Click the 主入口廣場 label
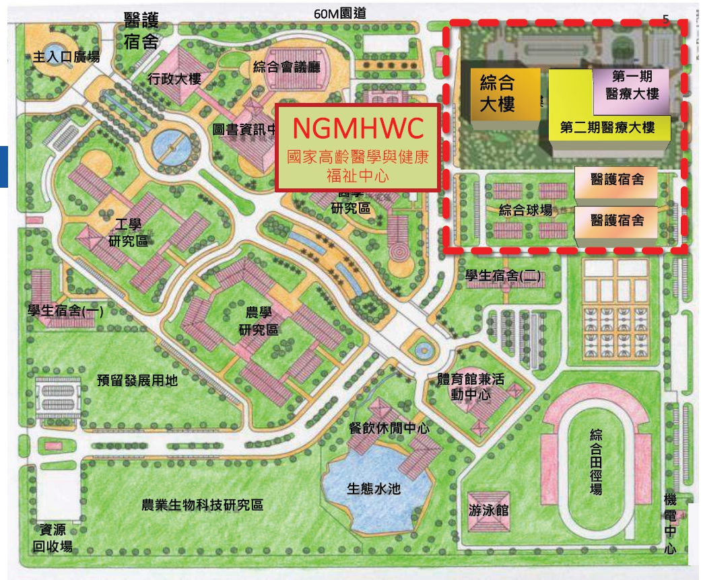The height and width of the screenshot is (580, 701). tap(66, 57)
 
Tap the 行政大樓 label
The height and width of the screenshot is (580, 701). tap(174, 79)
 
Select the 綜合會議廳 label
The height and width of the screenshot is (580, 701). tap(287, 67)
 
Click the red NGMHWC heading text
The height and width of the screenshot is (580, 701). tap(358, 127)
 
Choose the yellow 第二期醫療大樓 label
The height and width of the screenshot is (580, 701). tap(607, 126)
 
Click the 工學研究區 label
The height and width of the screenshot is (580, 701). tap(128, 234)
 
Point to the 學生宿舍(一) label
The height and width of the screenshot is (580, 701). tap(65, 310)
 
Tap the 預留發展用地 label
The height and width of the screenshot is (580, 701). tap(137, 381)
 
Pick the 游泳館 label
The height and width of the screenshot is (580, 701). tap(489, 511)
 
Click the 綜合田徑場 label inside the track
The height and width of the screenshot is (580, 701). tap(596, 462)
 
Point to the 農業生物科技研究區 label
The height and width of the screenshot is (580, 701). tap(202, 505)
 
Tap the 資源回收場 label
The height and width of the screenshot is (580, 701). tap(53, 537)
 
